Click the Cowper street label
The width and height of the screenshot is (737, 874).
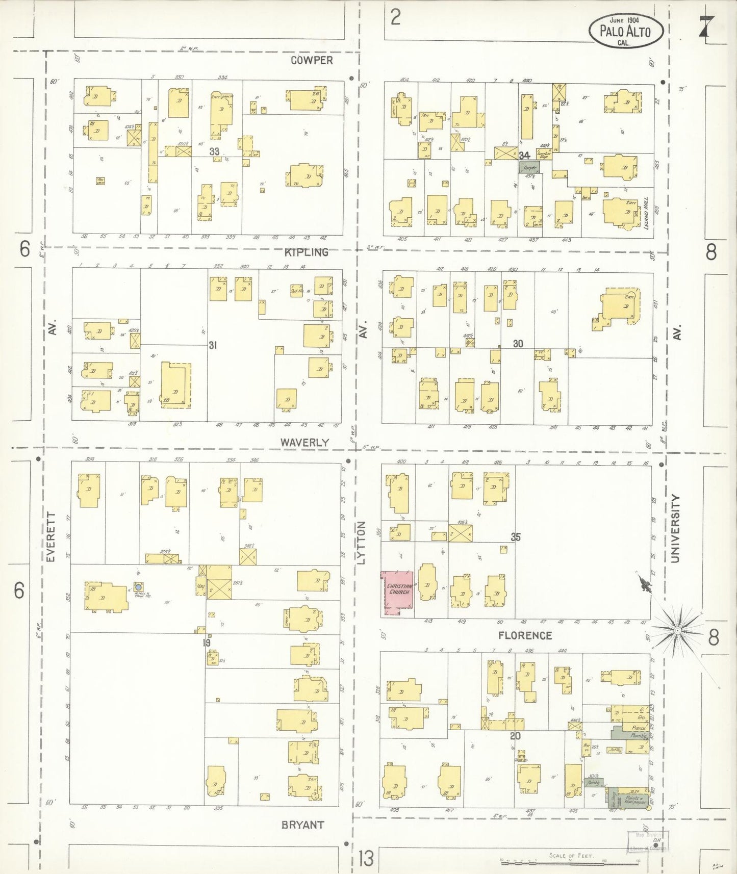click(312, 60)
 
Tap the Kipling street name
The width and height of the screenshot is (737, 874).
click(306, 252)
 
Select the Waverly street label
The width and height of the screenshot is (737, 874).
click(304, 443)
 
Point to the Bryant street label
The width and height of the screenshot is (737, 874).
click(302, 825)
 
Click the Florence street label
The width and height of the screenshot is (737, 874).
click(525, 635)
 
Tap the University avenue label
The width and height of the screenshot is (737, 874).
click(676, 528)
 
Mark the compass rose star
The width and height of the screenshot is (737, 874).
click(677, 631)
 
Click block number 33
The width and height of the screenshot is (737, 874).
click(214, 151)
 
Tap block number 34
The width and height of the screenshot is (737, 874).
click(524, 155)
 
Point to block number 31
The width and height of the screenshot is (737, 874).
click(213, 345)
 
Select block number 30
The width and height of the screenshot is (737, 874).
click(518, 344)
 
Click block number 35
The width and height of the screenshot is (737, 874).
click(516, 537)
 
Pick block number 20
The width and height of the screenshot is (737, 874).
click(515, 735)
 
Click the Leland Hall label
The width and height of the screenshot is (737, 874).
click(646, 213)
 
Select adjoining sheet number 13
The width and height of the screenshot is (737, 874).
click(366, 858)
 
